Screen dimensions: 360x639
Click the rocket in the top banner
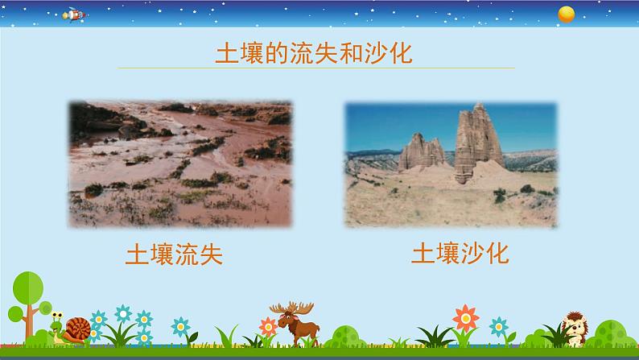[x=72, y=14]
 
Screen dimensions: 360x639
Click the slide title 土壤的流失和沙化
[x=314, y=55]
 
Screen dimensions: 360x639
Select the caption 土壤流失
[x=174, y=254]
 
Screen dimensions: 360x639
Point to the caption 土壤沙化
[x=460, y=254]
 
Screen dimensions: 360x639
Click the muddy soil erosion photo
[x=179, y=162]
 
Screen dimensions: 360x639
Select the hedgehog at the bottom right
[x=575, y=329]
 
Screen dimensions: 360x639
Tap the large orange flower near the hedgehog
[x=464, y=316]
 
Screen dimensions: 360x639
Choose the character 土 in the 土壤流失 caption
[x=138, y=254]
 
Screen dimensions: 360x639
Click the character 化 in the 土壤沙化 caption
[x=497, y=254]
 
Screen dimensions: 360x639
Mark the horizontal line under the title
[x=314, y=70]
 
